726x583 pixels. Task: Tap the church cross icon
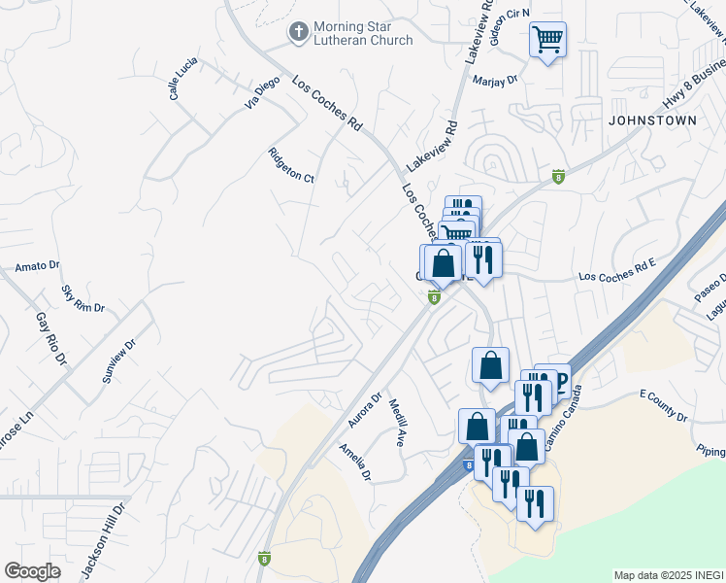pos(297,32)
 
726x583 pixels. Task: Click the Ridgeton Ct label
pos(291,164)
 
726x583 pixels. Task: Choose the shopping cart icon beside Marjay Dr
pos(547,40)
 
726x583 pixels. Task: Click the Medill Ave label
pos(396,423)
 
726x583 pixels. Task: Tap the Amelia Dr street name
pos(354,462)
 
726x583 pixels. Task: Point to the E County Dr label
pos(663,406)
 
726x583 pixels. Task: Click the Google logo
pos(32,571)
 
